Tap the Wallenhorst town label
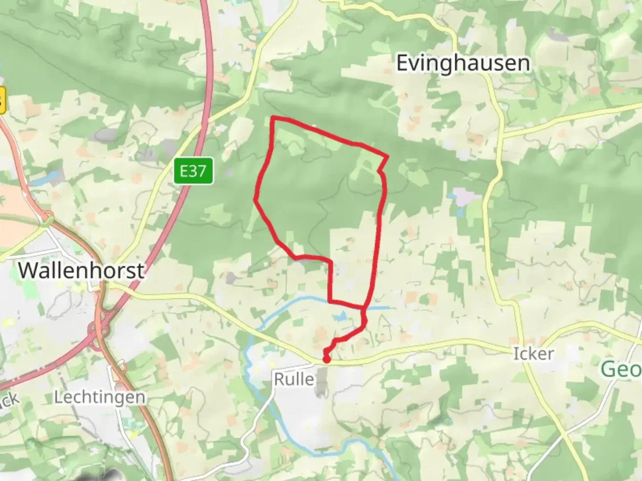tap(81, 270)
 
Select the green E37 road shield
tap(193, 171)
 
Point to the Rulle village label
tap(294, 379)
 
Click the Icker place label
tap(534, 354)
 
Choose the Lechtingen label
tap(99, 397)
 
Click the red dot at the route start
tap(327, 359)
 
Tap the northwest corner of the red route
tap(273, 118)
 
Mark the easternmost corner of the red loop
tap(387, 156)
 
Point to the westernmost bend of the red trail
tap(255, 200)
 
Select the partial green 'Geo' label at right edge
tap(622, 369)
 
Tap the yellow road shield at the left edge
tap(2, 101)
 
